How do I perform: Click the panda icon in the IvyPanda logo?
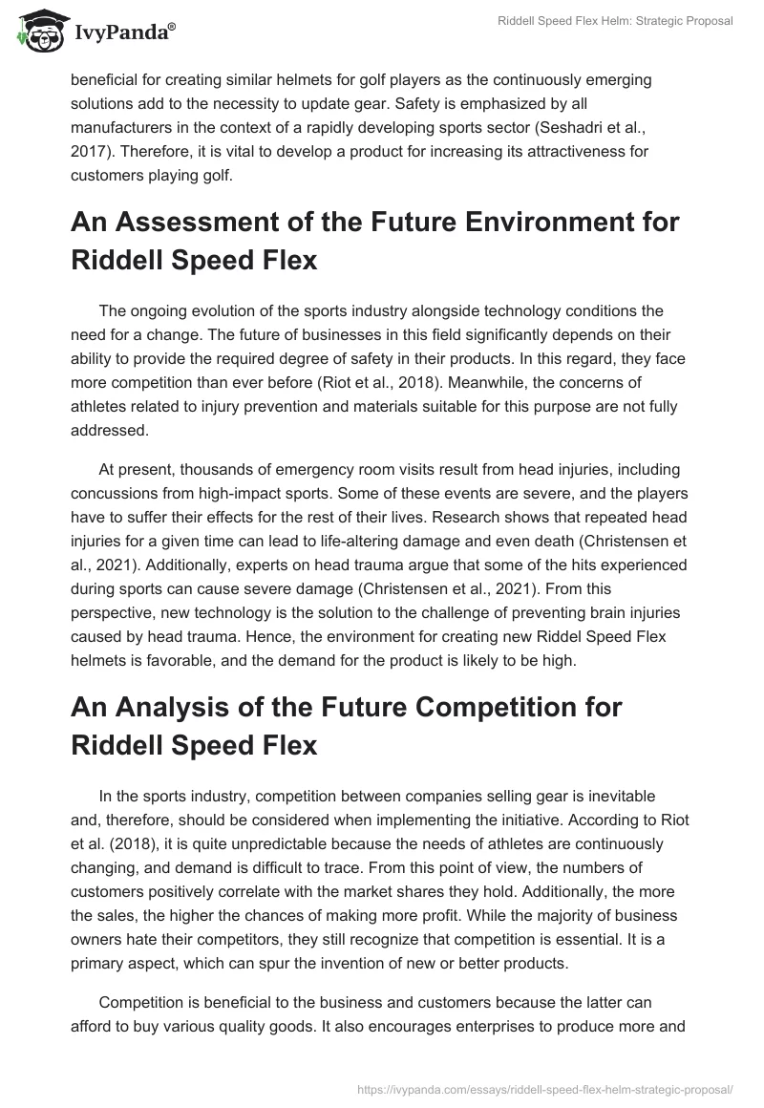(x=35, y=31)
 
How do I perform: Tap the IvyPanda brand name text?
(x=117, y=33)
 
